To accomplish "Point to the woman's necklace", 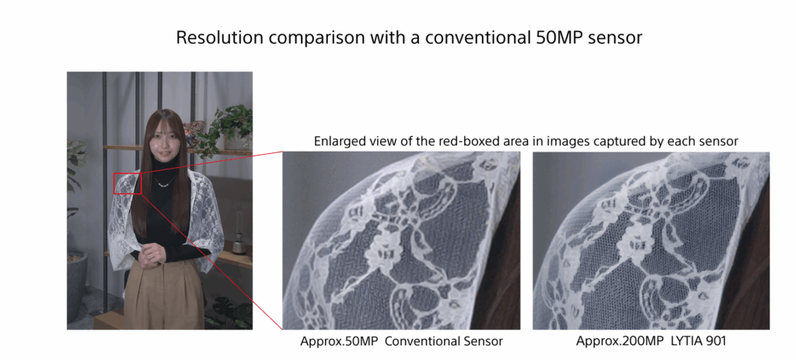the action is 165,182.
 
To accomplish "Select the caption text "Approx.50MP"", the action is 339,341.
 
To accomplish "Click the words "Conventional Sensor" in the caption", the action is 444,341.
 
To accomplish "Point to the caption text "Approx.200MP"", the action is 618,341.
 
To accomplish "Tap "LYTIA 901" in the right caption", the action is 696,341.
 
